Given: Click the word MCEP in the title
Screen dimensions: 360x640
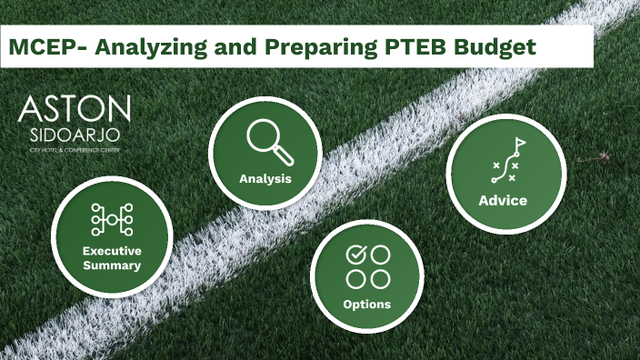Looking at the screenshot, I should point(38,46).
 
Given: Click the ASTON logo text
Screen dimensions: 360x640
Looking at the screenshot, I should point(75,110).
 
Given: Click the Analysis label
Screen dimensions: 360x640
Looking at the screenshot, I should point(265,178).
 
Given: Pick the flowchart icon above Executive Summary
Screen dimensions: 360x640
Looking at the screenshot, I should point(112,220).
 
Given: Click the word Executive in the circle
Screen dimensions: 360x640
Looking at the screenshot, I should point(112,251).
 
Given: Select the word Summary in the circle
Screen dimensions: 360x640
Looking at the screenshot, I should point(112,265).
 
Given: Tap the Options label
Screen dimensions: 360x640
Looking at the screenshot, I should point(367,304).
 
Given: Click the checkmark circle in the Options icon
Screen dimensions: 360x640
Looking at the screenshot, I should point(355,255).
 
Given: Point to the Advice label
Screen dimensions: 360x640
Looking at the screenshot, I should point(503,200).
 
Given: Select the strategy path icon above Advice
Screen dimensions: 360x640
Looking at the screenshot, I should point(505,162).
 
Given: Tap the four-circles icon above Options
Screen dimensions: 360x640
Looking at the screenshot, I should point(367,266).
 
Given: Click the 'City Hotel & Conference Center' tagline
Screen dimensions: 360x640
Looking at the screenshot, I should point(74,148).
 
